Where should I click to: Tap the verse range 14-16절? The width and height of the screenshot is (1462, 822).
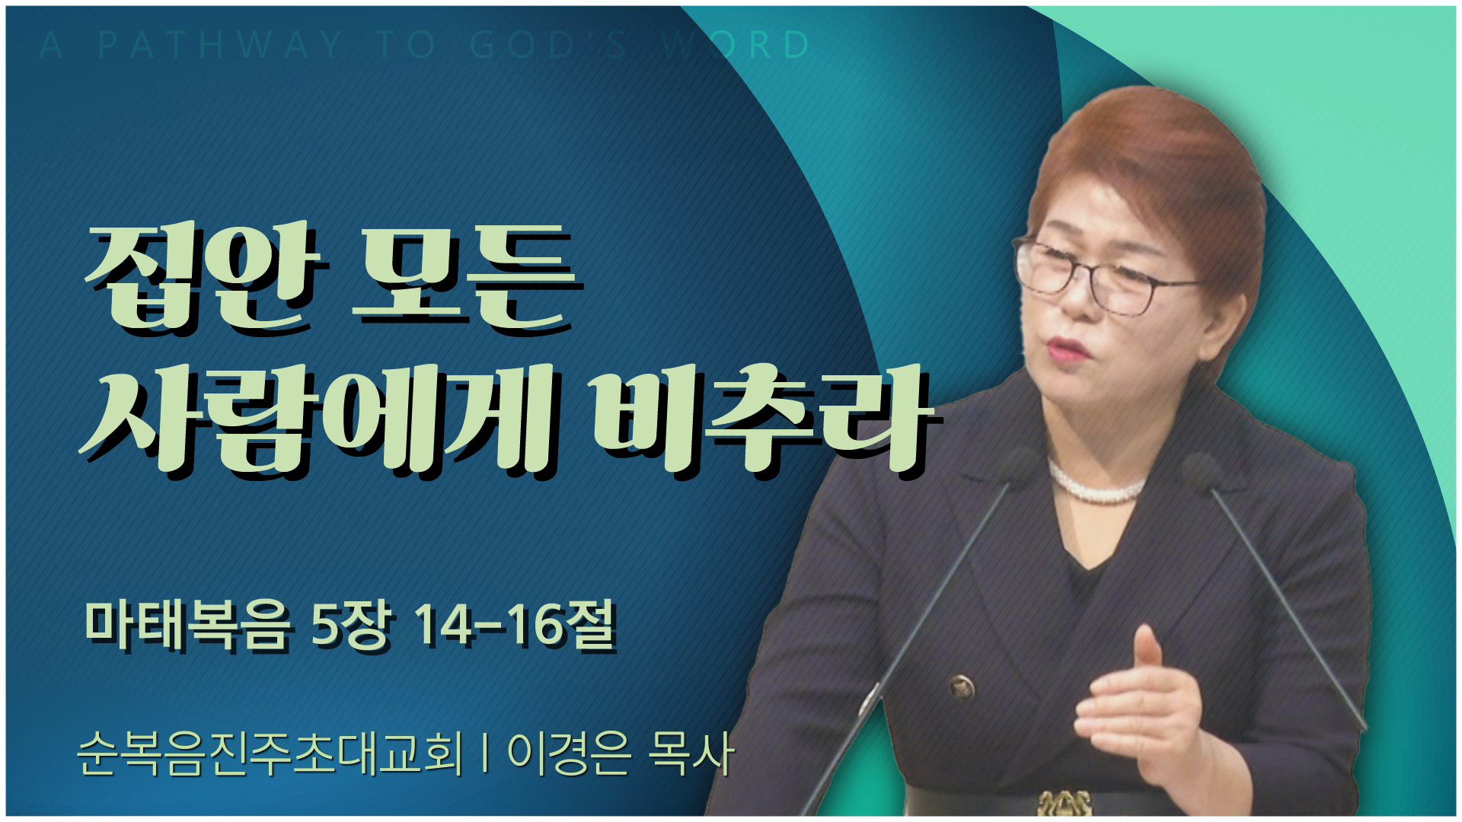coord(515,626)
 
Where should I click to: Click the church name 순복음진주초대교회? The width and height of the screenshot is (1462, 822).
coord(270,753)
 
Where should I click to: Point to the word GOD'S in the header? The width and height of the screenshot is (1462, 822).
coord(548,45)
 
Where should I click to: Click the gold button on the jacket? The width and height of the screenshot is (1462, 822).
coord(962,687)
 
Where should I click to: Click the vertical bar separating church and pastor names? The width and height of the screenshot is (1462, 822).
coord(485,753)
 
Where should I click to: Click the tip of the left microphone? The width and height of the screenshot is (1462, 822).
coord(1020,461)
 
